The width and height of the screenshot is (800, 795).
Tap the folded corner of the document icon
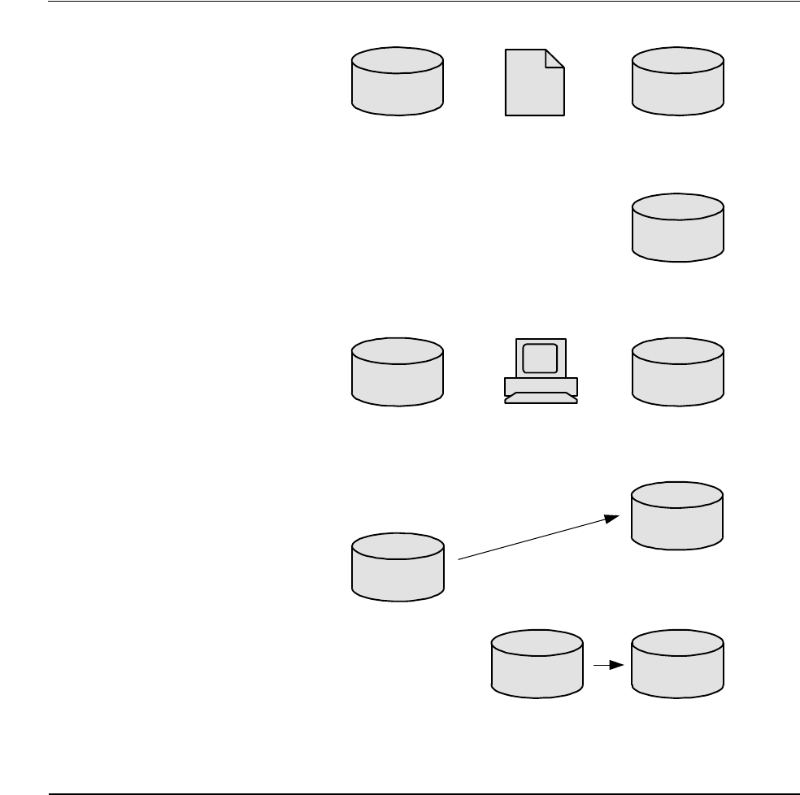tap(555, 58)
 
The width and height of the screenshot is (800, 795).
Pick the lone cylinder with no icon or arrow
tap(678, 228)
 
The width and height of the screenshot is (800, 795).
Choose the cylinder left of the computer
tap(398, 372)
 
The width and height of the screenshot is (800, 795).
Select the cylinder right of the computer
tap(678, 372)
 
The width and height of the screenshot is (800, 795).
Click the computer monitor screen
tap(540, 358)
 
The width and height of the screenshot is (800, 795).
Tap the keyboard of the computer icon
tap(541, 398)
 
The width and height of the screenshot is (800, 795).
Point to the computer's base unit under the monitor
tap(541, 384)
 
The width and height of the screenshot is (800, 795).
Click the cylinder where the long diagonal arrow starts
tap(398, 567)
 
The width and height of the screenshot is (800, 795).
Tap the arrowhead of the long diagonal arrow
tap(615, 518)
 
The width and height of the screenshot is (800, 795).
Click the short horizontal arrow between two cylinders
tap(607, 665)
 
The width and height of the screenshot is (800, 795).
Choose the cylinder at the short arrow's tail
tap(537, 663)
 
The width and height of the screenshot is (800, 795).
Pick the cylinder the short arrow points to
tap(678, 663)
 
